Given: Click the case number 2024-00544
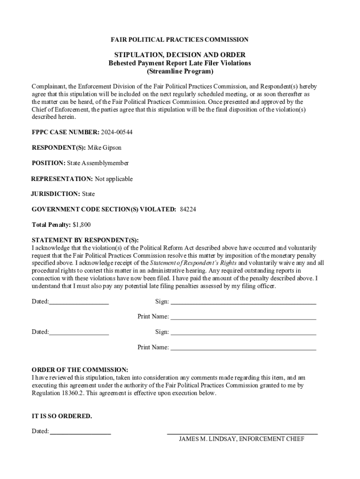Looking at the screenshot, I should pos(117,132).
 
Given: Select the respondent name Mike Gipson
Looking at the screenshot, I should pos(104,147).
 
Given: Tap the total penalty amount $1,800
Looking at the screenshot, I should pos(82,225).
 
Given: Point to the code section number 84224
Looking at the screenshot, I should pos(188,209).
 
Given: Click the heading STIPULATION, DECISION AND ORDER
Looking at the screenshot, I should pos(180,55).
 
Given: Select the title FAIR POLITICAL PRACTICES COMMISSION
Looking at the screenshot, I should pos(180,40).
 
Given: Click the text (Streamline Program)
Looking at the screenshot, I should pos(180,72).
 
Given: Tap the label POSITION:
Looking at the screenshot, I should pos(48,163).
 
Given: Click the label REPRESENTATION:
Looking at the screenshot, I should pos(62,179).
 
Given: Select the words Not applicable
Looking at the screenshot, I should pos(114,179).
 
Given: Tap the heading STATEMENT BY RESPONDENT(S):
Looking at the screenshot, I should pos(85,240).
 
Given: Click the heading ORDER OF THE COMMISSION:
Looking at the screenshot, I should pos(80,370).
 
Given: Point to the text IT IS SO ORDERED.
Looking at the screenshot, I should pos(62,416).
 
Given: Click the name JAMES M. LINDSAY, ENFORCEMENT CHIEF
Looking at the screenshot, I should pos(242,439).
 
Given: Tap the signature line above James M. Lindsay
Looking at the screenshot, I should pos(242,434).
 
